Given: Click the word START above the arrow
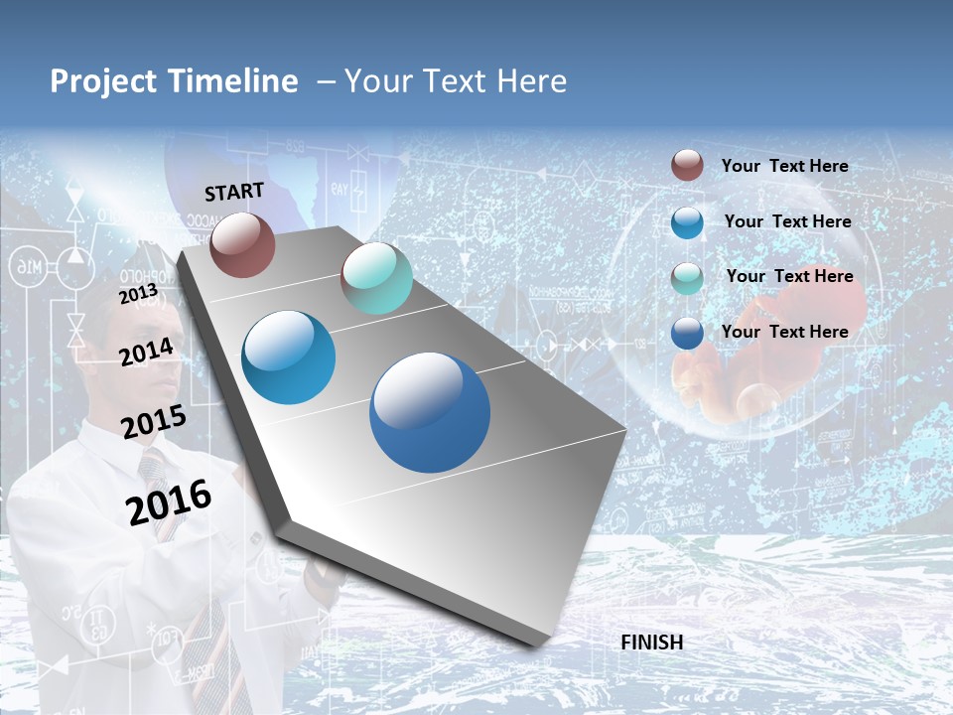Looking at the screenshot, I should [x=234, y=192].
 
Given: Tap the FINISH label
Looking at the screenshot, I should [x=651, y=643].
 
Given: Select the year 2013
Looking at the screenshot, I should [x=138, y=294].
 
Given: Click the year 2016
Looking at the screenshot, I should [x=169, y=501].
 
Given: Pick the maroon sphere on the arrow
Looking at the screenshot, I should [x=242, y=244].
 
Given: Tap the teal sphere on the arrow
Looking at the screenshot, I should [x=376, y=278].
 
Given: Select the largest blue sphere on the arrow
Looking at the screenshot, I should [x=430, y=412].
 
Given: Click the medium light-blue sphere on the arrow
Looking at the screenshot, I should [x=288, y=357].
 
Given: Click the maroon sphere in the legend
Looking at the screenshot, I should [x=687, y=165].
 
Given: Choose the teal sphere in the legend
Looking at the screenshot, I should [x=687, y=278].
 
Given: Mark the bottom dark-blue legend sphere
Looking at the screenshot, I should [x=687, y=333].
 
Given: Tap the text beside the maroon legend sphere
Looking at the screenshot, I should [x=784, y=166].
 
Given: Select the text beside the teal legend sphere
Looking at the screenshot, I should [x=789, y=276].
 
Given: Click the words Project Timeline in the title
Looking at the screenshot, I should [x=174, y=81].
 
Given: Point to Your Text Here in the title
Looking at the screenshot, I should [x=456, y=81].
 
